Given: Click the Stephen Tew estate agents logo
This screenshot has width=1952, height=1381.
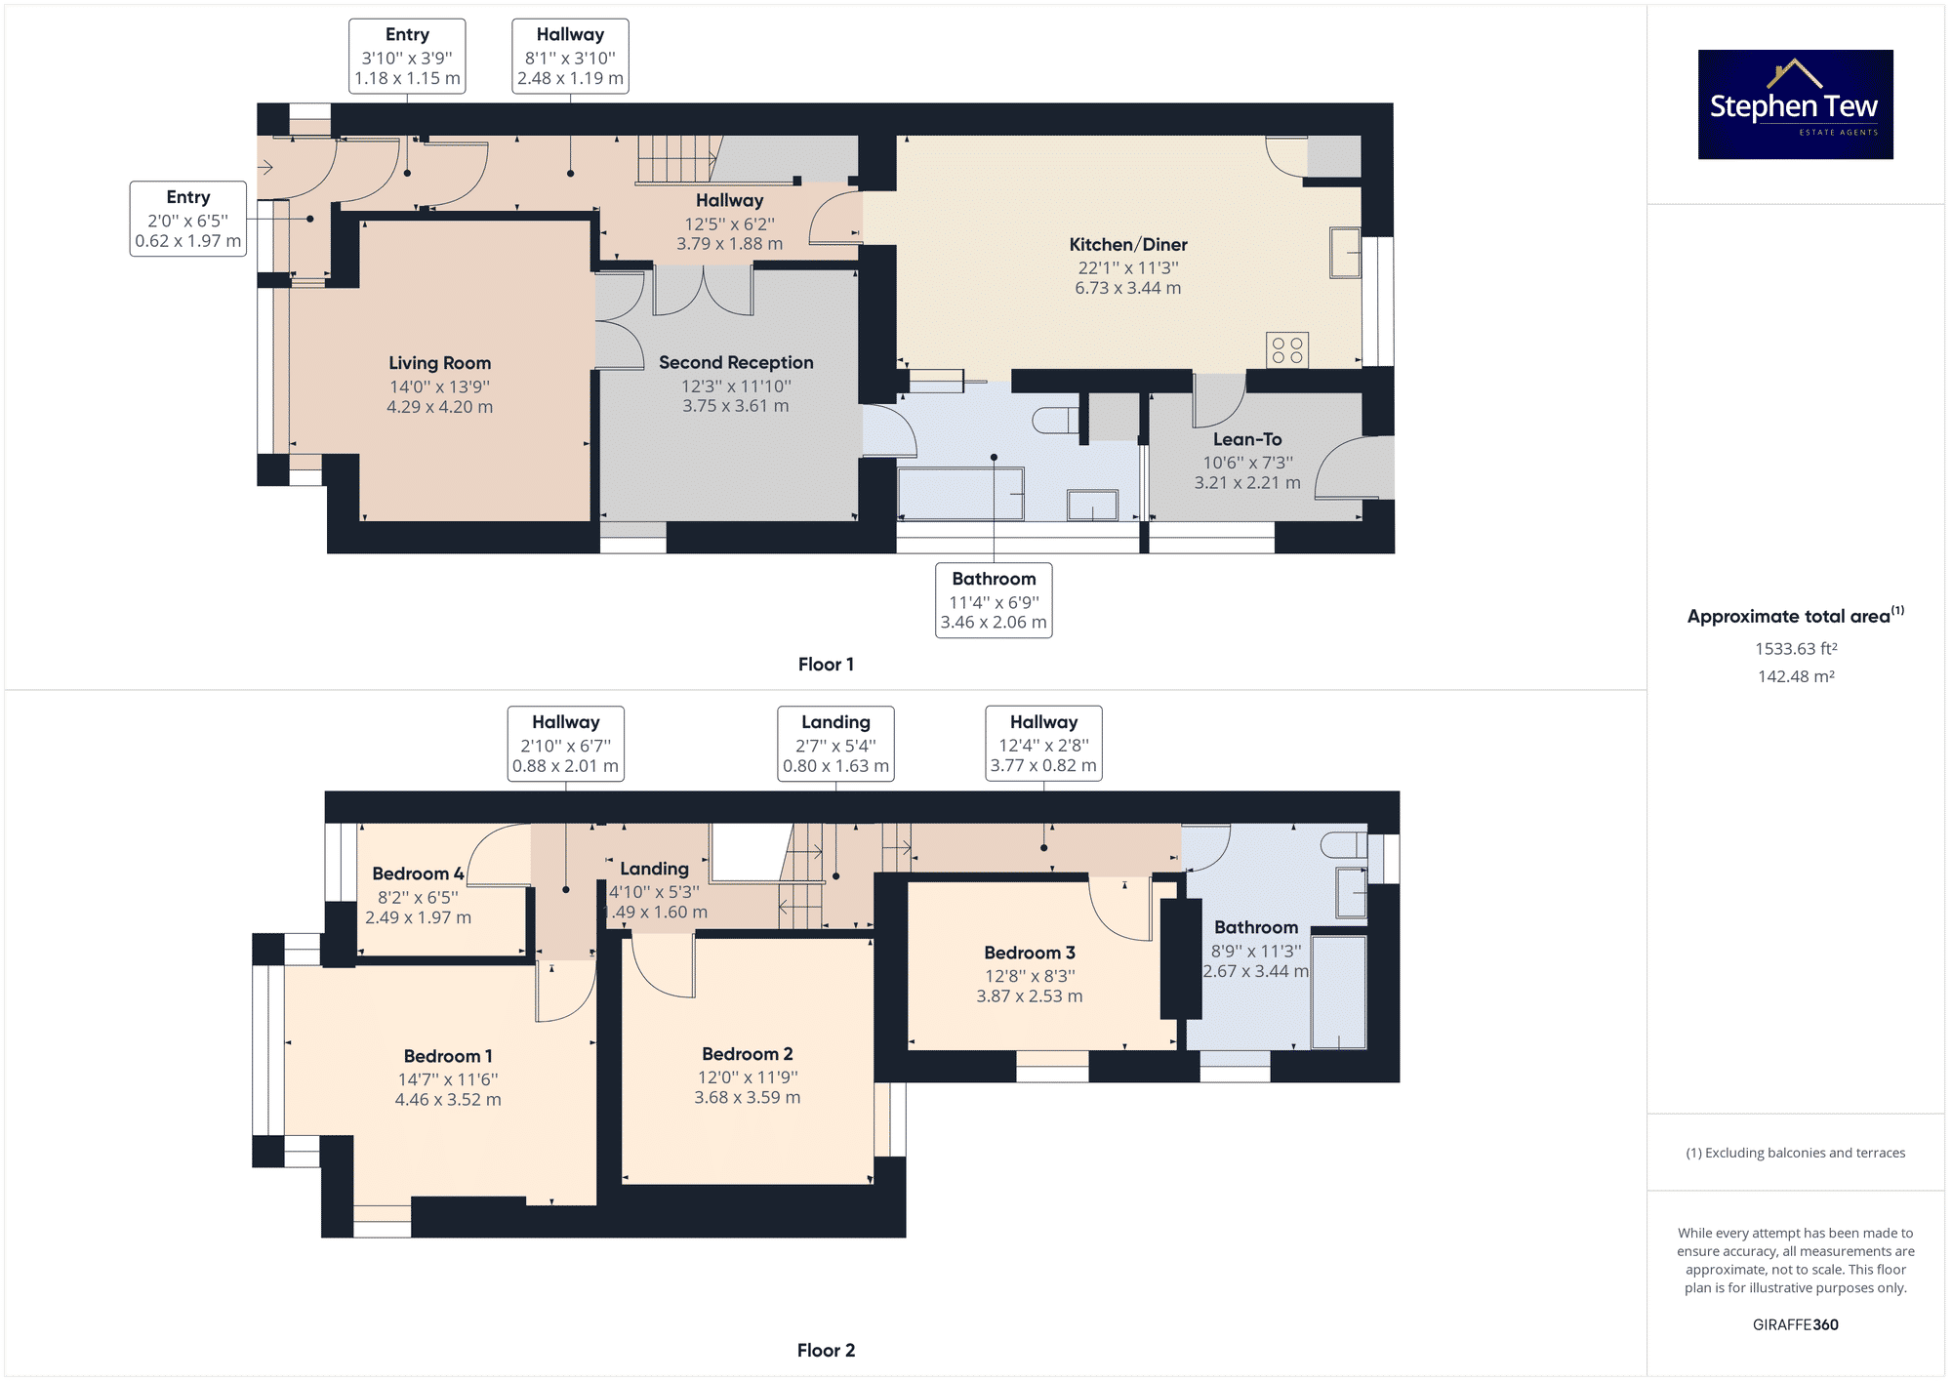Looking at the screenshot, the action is click(1795, 104).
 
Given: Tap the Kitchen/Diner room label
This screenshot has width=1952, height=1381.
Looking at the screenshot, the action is click(1128, 245).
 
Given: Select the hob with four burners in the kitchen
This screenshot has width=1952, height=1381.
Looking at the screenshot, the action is click(1287, 350).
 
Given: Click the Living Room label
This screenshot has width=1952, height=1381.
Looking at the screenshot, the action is click(440, 363).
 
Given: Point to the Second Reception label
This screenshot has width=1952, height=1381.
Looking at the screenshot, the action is click(736, 362).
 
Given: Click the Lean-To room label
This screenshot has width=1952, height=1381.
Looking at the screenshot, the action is click(1247, 439).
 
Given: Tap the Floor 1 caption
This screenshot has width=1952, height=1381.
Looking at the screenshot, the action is click(826, 665).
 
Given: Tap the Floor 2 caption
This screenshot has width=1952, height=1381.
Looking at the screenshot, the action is click(826, 1351).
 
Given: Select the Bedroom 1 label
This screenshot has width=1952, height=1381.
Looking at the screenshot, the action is click(448, 1056).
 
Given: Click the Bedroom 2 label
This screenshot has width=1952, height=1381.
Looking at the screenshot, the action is click(748, 1054).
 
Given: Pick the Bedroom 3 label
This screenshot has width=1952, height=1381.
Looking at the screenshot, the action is click(1030, 953).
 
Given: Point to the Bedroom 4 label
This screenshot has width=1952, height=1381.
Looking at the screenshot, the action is click(418, 873).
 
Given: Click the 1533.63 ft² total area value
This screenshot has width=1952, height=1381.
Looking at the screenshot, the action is click(1796, 648).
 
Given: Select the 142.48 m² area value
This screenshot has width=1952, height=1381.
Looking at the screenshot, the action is click(1796, 676).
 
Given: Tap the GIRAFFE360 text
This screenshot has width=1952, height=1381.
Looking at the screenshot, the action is click(1796, 1324).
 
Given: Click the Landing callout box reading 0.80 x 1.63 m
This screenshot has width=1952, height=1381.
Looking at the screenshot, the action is click(835, 744).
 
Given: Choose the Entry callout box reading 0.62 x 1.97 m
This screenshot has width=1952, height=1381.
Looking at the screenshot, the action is click(188, 219).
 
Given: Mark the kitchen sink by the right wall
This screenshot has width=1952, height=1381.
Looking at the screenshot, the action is click(1345, 253).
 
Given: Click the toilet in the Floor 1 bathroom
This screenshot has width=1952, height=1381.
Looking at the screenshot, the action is click(1055, 421).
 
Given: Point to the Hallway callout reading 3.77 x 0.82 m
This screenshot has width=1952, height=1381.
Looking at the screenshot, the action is click(1043, 744).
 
